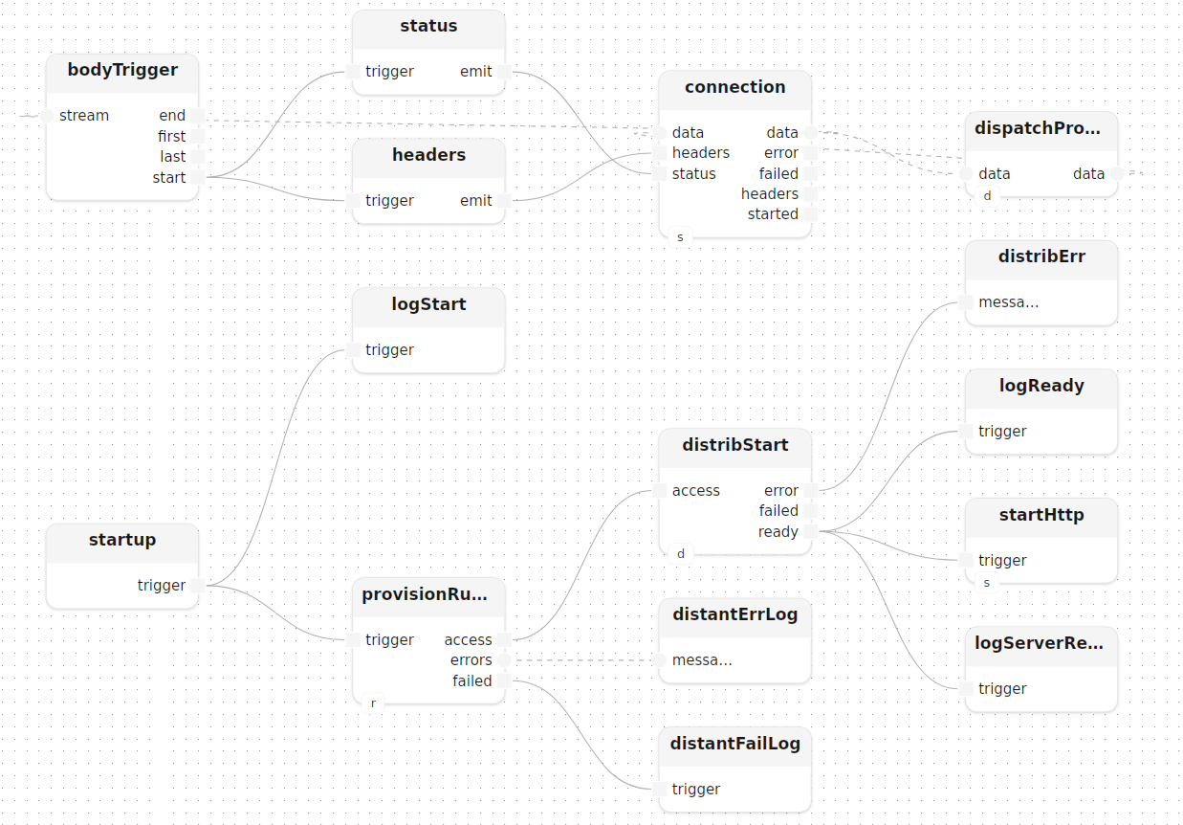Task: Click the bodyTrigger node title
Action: click(122, 70)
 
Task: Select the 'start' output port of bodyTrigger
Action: click(198, 177)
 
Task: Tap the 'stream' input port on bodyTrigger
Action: click(47, 115)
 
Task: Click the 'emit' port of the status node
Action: click(504, 72)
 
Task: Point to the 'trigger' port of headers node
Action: click(353, 200)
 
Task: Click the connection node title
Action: click(735, 87)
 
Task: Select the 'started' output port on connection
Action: click(811, 214)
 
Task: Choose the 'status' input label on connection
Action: click(694, 173)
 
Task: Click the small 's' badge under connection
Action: click(680, 237)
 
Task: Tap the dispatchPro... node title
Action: click(1038, 128)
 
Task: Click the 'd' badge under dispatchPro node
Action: click(987, 195)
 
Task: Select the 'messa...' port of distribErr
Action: click(966, 302)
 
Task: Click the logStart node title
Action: click(428, 304)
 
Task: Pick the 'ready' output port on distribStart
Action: click(811, 531)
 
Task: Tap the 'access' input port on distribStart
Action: click(659, 490)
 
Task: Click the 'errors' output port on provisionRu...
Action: click(504, 660)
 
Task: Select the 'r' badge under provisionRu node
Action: click(373, 703)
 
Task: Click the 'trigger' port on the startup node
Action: click(198, 585)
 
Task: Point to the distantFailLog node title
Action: click(735, 743)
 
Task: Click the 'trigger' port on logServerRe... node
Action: click(966, 689)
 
